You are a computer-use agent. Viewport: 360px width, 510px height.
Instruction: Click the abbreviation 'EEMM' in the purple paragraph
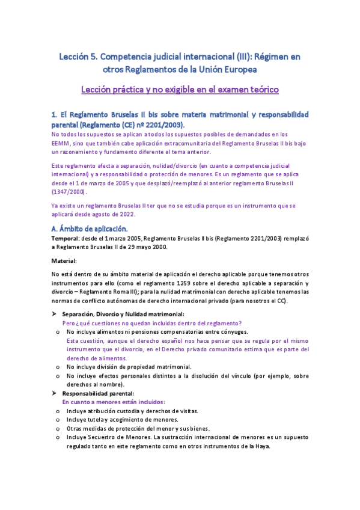pyautogui.click(x=63, y=144)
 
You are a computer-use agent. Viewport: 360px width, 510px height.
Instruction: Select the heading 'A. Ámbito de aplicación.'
pyautogui.click(x=90, y=229)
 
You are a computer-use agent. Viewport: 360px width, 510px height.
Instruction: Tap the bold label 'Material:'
pyautogui.click(x=64, y=261)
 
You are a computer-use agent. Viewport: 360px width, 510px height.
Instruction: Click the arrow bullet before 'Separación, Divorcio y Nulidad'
pyautogui.click(x=54, y=315)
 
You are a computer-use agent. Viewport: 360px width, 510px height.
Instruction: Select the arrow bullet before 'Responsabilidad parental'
pyautogui.click(x=54, y=393)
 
